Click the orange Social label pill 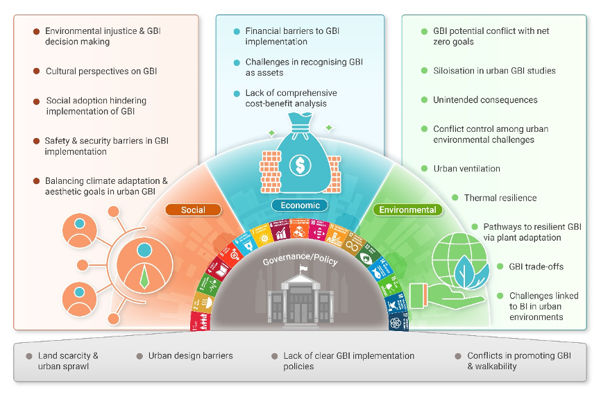(x=193, y=210)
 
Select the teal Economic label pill (x=300, y=205)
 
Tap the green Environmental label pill (x=407, y=210)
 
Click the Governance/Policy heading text (x=300, y=260)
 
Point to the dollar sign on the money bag (x=300, y=167)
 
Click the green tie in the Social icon (x=144, y=278)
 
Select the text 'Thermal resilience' (x=500, y=198)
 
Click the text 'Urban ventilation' (x=466, y=169)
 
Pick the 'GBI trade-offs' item (x=536, y=267)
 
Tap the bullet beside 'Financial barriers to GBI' (x=237, y=31)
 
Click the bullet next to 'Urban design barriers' (x=139, y=356)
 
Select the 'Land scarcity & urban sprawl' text (x=68, y=361)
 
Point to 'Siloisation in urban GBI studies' (x=494, y=71)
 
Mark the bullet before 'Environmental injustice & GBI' (x=36, y=31)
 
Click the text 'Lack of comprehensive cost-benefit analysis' (x=291, y=98)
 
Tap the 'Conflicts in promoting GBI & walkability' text (x=518, y=361)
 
